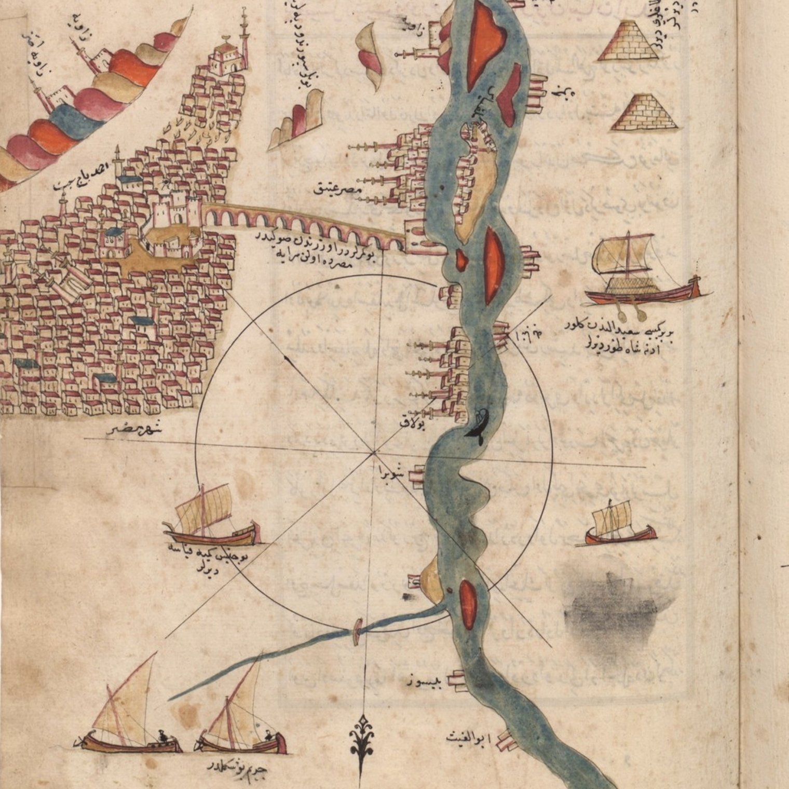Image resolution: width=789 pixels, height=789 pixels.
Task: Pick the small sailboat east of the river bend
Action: tap(619, 524)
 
